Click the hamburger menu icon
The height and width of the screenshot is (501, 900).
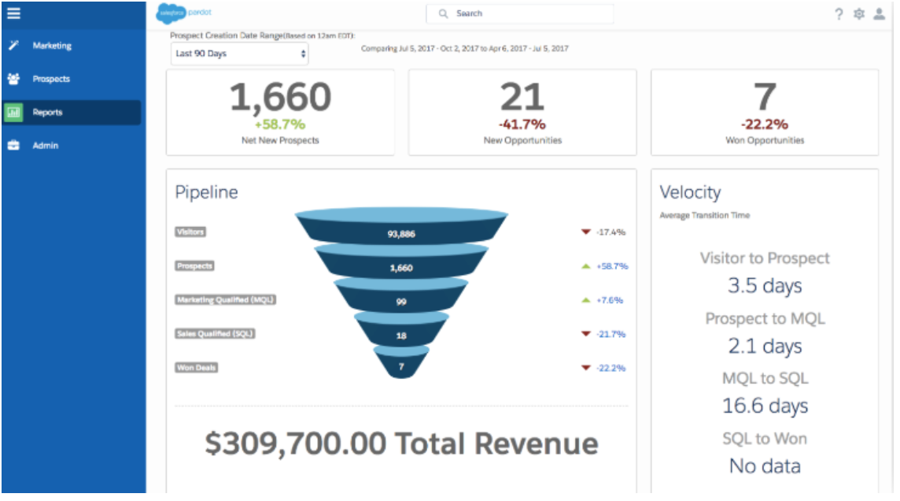[x=13, y=13]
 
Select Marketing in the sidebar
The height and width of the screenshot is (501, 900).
[x=51, y=46]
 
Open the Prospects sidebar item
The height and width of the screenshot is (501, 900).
[x=50, y=79]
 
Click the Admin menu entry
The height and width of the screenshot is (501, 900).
[x=45, y=146]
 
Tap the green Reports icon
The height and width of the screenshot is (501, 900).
[x=14, y=113]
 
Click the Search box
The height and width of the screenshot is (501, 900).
[x=519, y=13]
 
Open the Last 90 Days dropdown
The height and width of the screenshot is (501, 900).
[x=240, y=54]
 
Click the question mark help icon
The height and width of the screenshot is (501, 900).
[x=839, y=14]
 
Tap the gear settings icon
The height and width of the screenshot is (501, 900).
[x=859, y=14]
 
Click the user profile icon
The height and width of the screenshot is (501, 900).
[x=880, y=14]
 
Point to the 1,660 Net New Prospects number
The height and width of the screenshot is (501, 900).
[x=280, y=98]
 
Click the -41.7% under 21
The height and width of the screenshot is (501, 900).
[x=522, y=124]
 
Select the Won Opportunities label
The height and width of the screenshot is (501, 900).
[x=765, y=140]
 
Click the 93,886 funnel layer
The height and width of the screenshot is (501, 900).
[x=401, y=233]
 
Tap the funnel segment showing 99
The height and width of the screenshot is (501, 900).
[x=401, y=301]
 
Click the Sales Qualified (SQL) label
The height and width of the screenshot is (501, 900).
[x=215, y=333]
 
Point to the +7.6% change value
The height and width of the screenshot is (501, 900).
[x=610, y=300]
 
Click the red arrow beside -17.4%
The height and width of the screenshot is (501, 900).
[x=585, y=232]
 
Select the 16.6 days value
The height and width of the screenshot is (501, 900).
[x=765, y=406]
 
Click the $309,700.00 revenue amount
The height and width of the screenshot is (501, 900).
[x=296, y=443]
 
